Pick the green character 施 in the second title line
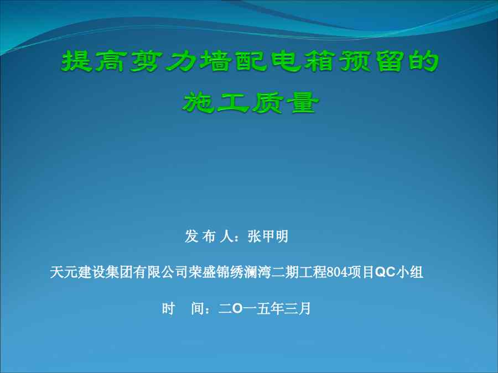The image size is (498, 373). pyautogui.click(x=197, y=103)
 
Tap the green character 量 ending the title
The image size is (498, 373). pyautogui.click(x=302, y=103)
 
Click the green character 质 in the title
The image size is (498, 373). pyautogui.click(x=267, y=103)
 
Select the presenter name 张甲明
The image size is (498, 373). pyautogui.click(x=268, y=237)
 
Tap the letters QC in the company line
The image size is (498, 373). pyautogui.click(x=385, y=272)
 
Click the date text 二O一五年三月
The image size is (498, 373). pyautogui.click(x=264, y=308)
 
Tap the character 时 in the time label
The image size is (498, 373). pyautogui.click(x=168, y=308)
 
